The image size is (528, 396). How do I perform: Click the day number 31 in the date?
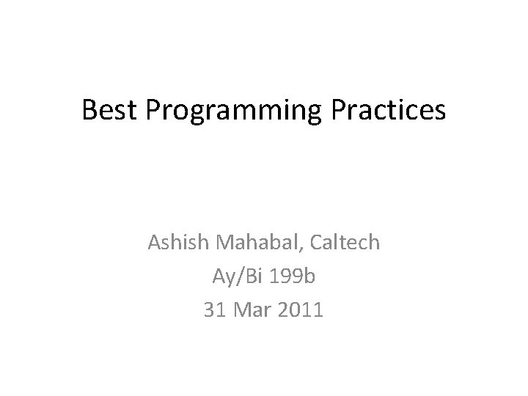tap(215, 309)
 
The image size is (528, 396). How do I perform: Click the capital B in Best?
tap(89, 110)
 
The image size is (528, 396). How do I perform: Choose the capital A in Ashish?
tap(154, 243)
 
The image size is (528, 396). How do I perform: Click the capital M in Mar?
tap(243, 309)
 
